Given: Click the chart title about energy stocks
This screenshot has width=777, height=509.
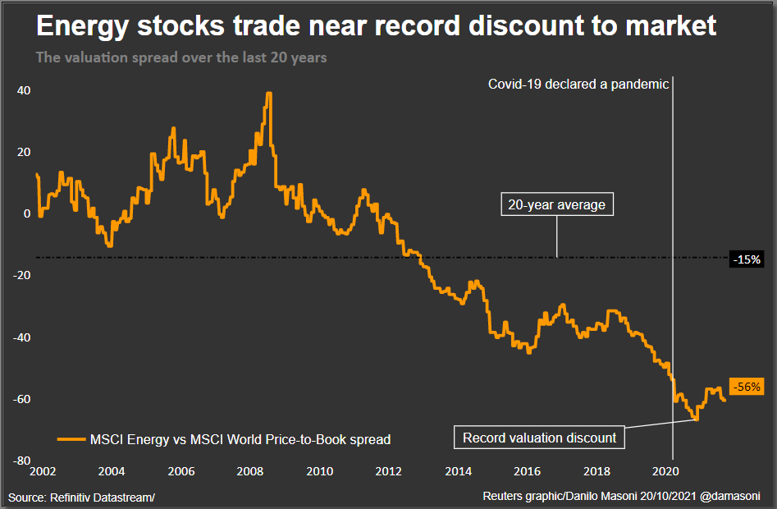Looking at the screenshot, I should point(377,26).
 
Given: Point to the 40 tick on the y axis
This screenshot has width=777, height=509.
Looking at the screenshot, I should point(24,90).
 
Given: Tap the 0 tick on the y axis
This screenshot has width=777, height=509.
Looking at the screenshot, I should point(27,213).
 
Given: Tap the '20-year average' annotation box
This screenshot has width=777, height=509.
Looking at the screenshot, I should point(556,205).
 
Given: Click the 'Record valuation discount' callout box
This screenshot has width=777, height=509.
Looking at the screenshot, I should point(539,438).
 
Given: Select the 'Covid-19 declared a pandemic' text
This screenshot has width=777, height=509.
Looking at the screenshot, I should point(578,84).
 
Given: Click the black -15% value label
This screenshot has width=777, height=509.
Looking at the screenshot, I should point(747,259).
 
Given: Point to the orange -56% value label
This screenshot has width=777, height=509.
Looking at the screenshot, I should point(746,387).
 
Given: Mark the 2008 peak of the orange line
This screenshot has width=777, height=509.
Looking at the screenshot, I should point(268,94).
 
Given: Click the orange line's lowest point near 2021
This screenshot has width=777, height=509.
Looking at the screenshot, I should point(696,420).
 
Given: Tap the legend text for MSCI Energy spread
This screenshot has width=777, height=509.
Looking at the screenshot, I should point(240,439).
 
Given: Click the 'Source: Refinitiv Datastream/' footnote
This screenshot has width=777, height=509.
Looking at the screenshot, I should point(82,498).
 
